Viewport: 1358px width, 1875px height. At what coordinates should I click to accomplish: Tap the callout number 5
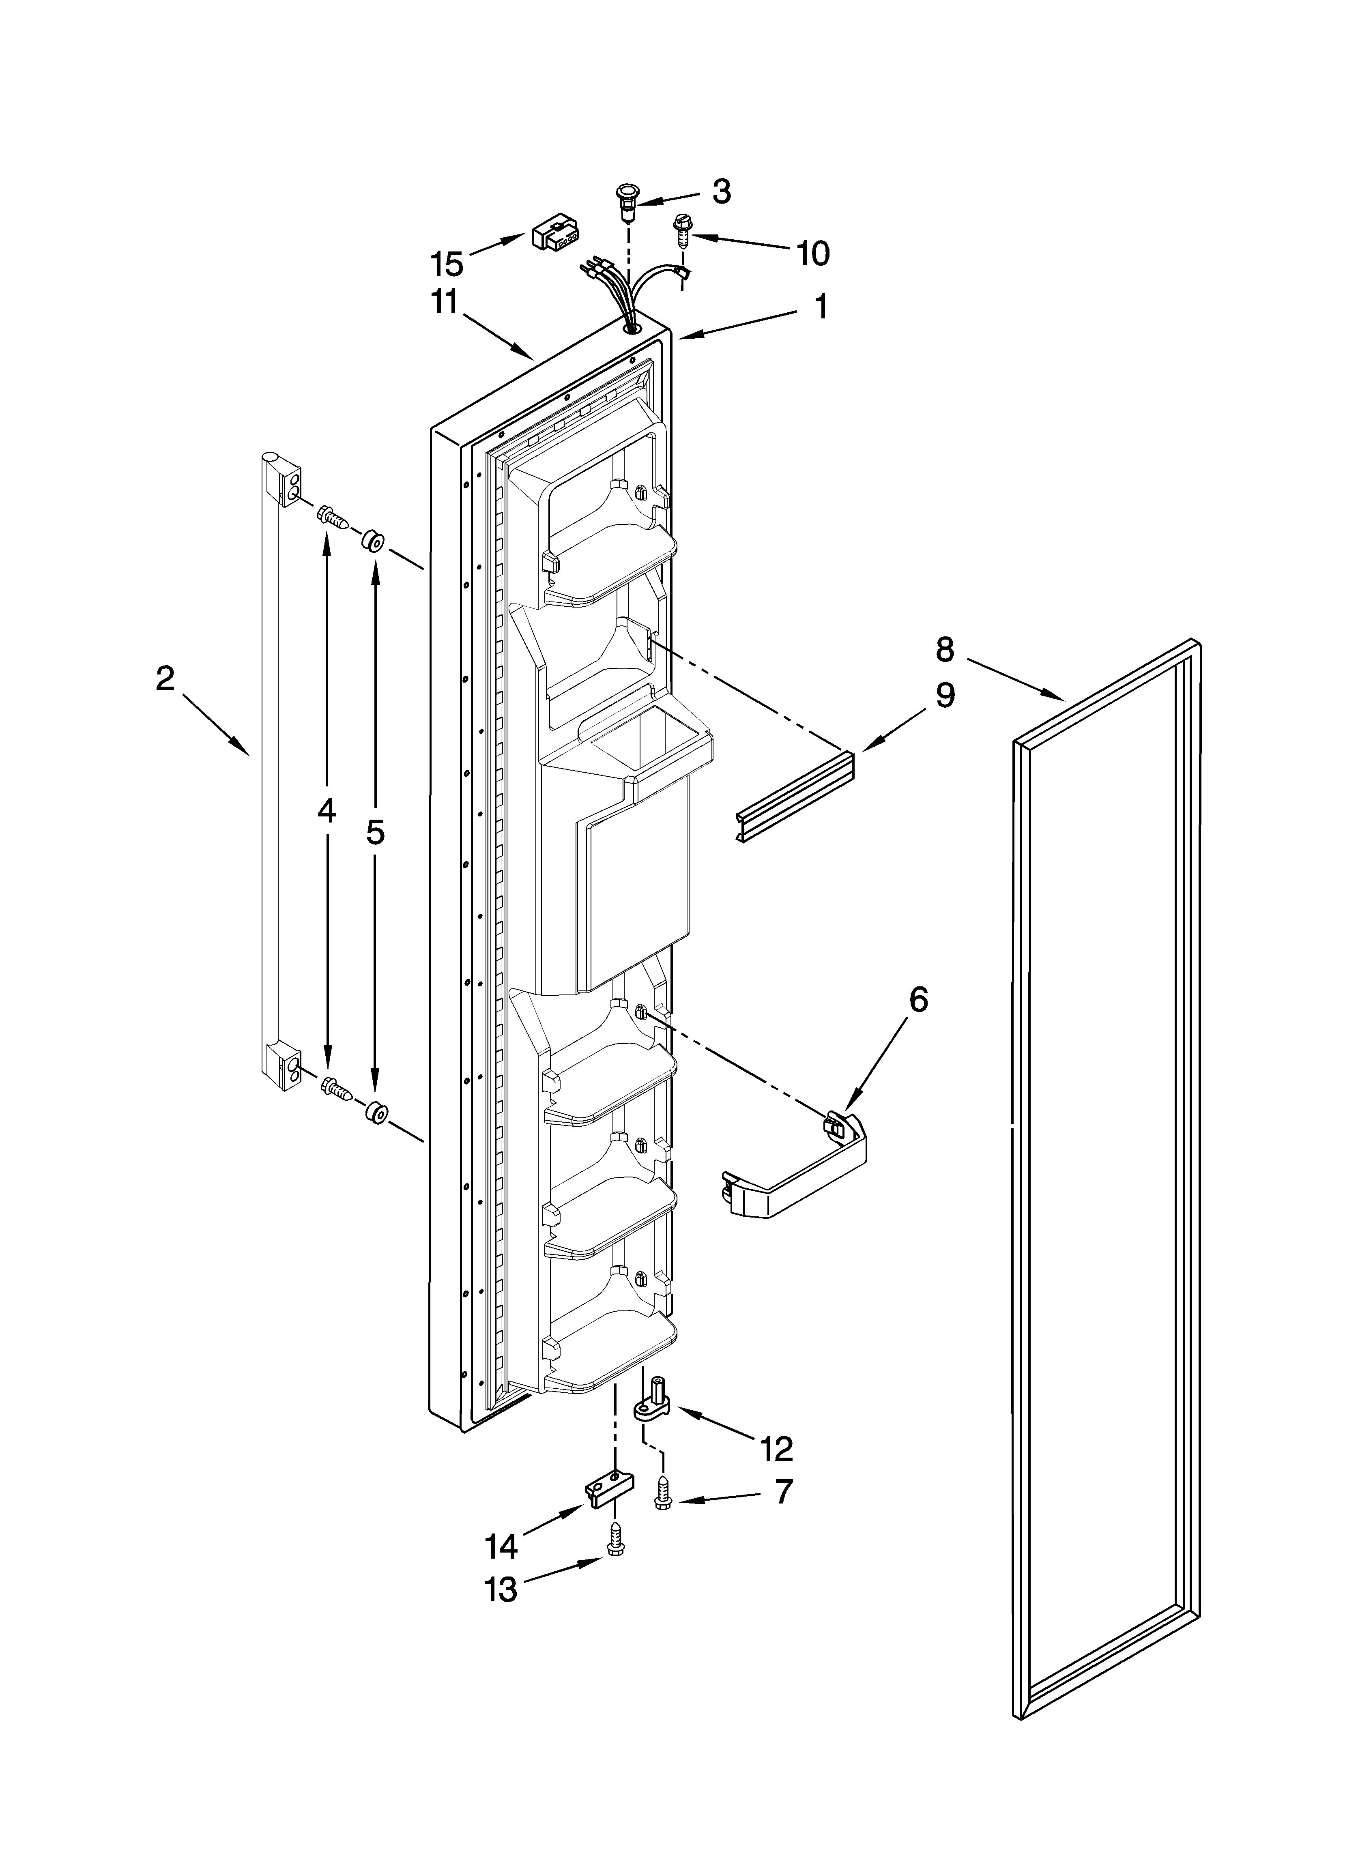click(x=376, y=833)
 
